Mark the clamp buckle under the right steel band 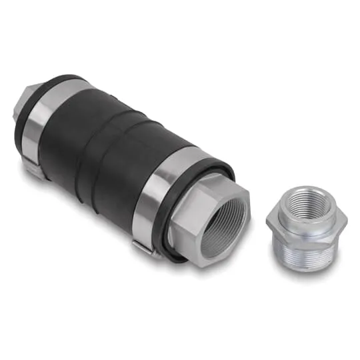(143, 247)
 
